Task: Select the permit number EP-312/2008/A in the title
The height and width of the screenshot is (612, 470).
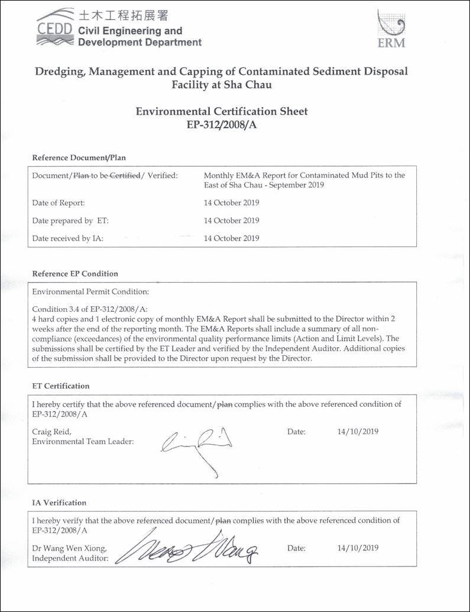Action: point(222,124)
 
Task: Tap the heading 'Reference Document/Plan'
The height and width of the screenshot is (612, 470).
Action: point(79,158)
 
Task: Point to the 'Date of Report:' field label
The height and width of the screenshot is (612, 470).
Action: point(59,203)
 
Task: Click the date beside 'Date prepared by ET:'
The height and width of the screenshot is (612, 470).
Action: point(231,221)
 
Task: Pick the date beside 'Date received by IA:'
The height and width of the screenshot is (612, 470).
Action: point(231,238)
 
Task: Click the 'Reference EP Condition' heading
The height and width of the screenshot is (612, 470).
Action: point(75,274)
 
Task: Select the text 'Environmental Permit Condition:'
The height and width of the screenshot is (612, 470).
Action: point(90,292)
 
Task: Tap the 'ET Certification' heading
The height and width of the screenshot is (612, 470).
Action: point(61,386)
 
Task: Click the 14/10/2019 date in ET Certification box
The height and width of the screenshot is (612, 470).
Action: point(358,431)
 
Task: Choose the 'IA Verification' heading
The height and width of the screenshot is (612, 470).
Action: point(59,503)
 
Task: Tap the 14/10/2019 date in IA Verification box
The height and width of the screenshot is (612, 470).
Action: point(358,548)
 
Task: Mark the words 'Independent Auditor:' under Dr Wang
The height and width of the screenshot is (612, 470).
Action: point(70,558)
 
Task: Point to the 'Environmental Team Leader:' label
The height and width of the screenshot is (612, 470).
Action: point(83,441)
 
